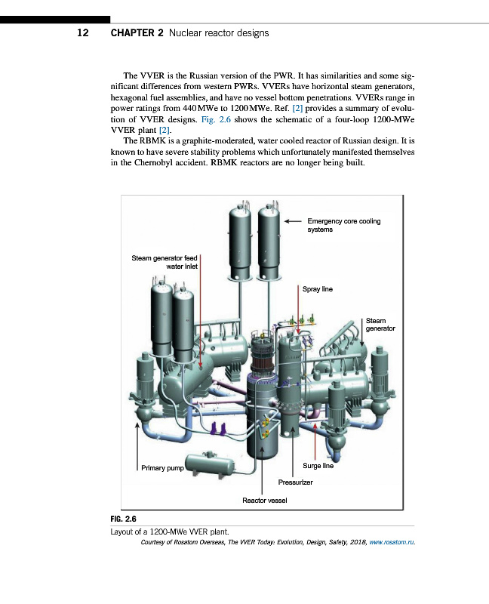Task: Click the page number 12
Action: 83,33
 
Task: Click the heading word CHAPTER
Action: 133,33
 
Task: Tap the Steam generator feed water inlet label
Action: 165,262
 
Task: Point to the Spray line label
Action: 317,289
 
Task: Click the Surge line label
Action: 318,466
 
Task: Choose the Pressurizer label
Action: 295,482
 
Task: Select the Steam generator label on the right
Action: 380,325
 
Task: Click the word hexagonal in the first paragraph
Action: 134,98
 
